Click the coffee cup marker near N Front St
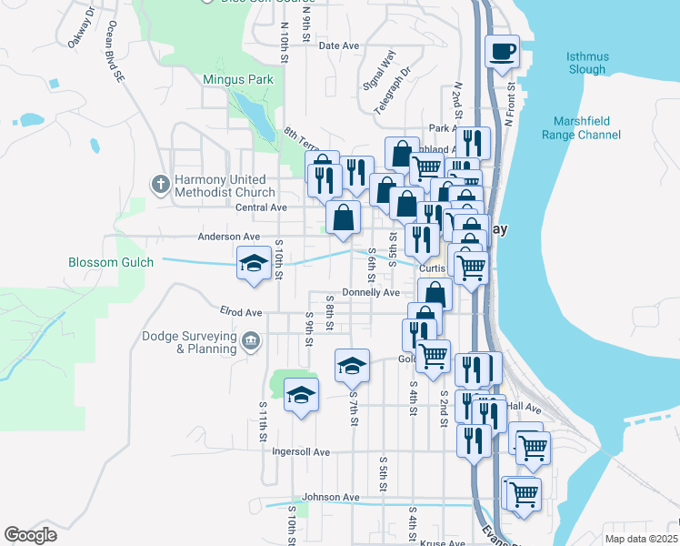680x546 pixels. click(502, 52)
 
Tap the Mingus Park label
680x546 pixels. click(238, 80)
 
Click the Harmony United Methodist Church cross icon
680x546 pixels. click(160, 185)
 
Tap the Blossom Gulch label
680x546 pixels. click(106, 262)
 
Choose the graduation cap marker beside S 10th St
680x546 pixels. click(252, 263)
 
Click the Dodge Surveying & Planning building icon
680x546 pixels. click(251, 341)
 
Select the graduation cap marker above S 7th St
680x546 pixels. click(352, 366)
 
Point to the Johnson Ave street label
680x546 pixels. click(331, 498)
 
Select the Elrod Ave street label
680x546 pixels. click(241, 312)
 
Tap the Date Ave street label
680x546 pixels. click(339, 45)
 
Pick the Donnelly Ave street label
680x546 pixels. click(371, 293)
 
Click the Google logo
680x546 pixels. click(30, 535)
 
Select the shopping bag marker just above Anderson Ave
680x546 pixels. click(344, 218)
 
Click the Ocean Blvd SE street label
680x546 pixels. click(115, 53)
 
